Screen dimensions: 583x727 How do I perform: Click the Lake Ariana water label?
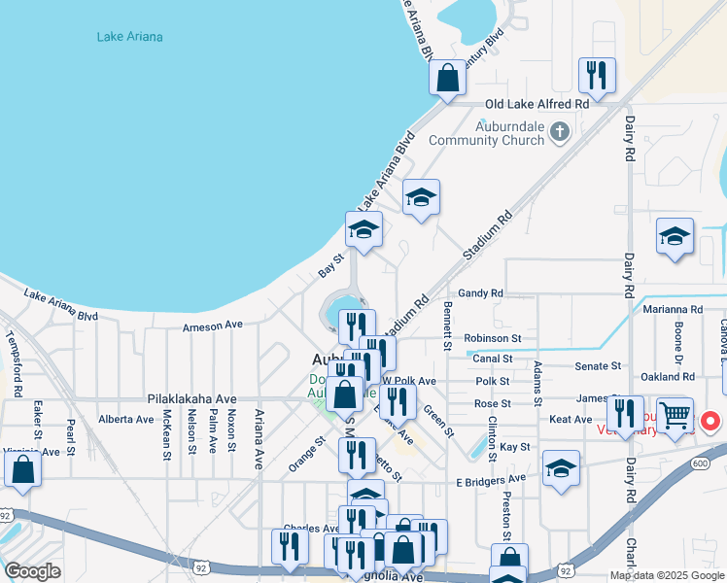point(129,37)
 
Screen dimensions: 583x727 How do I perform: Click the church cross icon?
point(559,130)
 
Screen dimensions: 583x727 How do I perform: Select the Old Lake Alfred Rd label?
point(537,104)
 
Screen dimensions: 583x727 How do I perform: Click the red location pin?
point(710,422)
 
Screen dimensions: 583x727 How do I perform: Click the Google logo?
point(32,571)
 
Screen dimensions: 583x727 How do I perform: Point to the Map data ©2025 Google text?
point(666,575)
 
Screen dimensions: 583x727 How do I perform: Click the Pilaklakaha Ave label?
point(192,398)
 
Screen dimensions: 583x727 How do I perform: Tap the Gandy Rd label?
point(480,292)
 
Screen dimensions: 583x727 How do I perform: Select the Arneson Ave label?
point(212,327)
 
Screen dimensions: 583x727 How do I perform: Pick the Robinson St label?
point(493,338)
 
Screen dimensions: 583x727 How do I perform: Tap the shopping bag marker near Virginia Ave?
point(23,469)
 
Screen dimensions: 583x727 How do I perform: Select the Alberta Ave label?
point(126,420)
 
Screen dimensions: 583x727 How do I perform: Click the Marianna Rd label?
point(672,309)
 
